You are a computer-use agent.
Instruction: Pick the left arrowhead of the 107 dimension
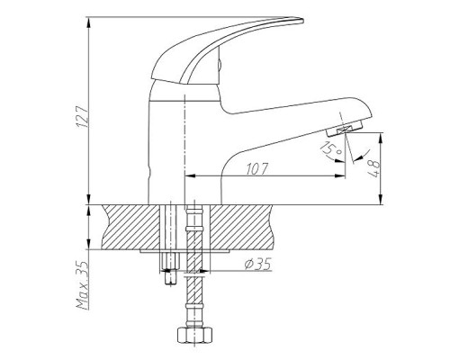[188, 175]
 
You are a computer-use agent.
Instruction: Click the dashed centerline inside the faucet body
[184, 135]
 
